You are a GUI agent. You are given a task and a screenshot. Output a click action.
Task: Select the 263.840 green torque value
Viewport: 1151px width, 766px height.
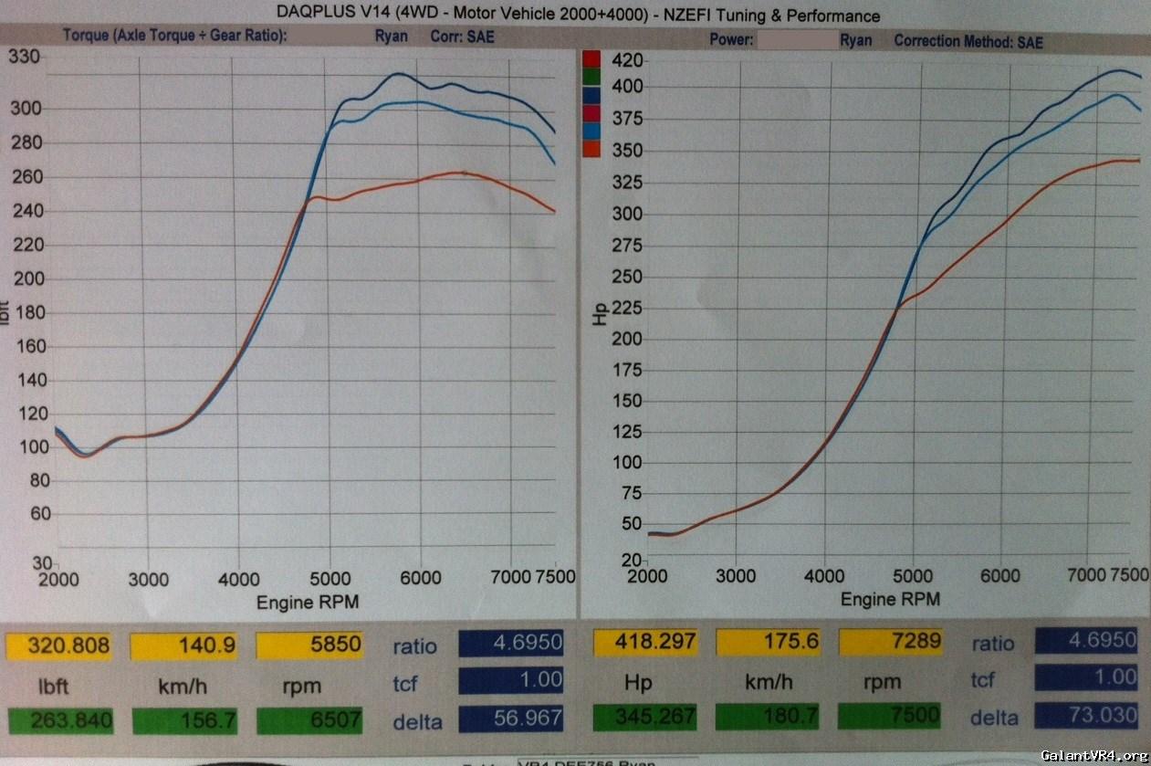(x=71, y=721)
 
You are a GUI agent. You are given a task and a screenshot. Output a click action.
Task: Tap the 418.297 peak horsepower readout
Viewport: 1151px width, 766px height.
(x=651, y=642)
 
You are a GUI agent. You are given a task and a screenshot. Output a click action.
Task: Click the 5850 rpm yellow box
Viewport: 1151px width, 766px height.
(x=309, y=645)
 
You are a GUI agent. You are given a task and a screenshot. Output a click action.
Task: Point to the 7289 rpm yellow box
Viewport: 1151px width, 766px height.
(x=890, y=641)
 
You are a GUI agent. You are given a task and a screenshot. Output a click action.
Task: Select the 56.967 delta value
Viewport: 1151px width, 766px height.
(x=511, y=719)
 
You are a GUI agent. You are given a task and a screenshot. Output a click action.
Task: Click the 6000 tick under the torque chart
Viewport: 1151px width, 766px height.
(x=420, y=578)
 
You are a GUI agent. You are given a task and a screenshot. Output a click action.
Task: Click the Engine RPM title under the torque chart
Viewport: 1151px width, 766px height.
(x=307, y=602)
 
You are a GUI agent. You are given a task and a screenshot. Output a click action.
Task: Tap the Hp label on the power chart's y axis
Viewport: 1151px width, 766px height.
(x=600, y=314)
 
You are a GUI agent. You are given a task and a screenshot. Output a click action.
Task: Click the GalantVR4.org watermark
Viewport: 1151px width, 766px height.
(x=1093, y=755)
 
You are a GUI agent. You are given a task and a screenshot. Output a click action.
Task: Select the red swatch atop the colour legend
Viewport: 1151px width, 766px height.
(x=591, y=59)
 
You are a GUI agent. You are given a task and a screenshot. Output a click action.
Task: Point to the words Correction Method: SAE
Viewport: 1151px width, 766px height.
(x=968, y=41)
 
